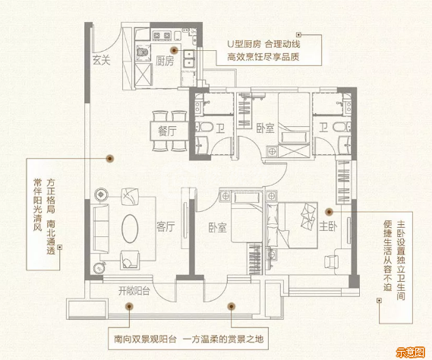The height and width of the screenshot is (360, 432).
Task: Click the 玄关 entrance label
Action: tap(102, 60)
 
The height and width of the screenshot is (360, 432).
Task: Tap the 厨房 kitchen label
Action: tap(165, 61)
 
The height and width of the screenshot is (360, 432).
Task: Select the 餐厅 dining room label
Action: tap(167, 131)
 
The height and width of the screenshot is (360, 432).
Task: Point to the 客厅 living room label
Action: tap(166, 226)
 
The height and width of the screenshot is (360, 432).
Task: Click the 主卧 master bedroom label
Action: tap(328, 226)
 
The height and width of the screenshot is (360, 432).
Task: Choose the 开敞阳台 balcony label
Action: tap(134, 291)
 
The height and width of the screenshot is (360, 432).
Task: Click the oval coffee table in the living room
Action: tap(130, 229)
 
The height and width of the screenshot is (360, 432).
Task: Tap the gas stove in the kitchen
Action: tap(162, 36)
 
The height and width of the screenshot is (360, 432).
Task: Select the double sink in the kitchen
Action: tap(189, 58)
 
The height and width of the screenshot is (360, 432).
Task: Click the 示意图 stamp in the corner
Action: tap(410, 352)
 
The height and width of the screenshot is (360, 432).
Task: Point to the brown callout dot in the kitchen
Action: tap(174, 50)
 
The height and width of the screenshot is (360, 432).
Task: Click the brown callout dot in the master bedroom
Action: tap(329, 212)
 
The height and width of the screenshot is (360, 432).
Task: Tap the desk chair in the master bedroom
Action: tap(331, 261)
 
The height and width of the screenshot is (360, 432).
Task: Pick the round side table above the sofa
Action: tap(101, 194)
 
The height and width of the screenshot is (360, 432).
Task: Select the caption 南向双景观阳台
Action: tap(145, 339)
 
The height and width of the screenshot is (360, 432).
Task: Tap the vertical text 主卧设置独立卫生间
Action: tap(401, 260)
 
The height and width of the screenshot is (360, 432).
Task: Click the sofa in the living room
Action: tap(101, 229)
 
